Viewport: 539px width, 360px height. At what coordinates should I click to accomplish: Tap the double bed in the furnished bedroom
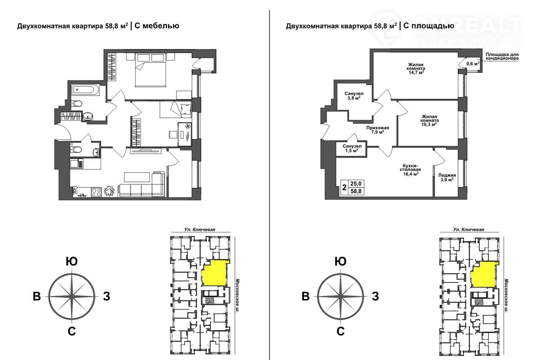pos(151,70)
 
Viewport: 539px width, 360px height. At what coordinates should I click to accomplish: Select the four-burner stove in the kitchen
pos(96,192)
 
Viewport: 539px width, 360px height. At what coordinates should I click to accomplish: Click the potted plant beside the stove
pos(110,191)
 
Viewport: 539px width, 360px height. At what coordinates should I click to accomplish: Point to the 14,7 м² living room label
pos(416,68)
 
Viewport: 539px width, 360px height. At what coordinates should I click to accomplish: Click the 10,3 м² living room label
pos(429,120)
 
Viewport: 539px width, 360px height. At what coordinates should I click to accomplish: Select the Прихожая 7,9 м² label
pos(378,130)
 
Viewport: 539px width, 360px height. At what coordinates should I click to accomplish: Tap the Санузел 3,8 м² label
pos(354,96)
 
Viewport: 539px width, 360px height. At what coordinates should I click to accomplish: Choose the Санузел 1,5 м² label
pos(352,149)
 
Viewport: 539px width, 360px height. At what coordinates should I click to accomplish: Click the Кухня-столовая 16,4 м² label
pos(410,170)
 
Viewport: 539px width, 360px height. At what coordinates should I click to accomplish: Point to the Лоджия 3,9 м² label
pos(447,177)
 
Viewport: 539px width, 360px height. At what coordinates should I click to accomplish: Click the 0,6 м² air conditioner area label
pos(473,64)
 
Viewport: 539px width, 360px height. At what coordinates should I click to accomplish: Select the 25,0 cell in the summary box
pos(356,184)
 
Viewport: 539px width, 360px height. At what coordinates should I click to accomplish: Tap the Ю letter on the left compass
pos(72,261)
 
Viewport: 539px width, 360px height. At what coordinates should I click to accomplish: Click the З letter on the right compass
pos(375,296)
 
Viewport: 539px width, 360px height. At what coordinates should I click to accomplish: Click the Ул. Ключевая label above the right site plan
pos(469,229)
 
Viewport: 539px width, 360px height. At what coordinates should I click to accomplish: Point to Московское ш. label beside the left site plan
pos(237,296)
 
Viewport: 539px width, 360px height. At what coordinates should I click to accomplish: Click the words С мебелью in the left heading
pos(157,26)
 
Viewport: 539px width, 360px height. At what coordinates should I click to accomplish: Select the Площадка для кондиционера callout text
pos(502,56)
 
